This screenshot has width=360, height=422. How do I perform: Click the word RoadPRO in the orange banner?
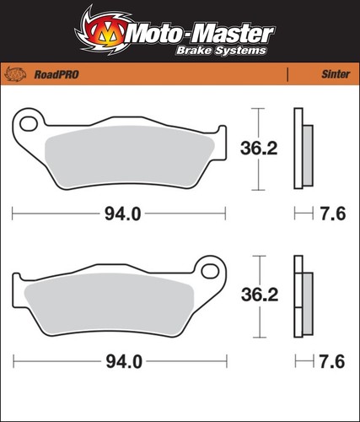(x=56, y=74)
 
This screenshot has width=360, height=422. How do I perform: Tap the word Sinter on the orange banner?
(x=336, y=74)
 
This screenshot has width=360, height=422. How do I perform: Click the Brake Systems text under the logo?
(x=221, y=51)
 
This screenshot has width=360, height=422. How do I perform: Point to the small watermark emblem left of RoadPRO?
(x=16, y=74)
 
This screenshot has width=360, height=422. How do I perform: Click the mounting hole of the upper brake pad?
(x=29, y=123)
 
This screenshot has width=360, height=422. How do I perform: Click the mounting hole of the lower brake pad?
(x=210, y=271)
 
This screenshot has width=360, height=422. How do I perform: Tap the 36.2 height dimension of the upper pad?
(x=259, y=149)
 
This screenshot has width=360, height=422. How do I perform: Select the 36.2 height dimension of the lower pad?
(x=260, y=295)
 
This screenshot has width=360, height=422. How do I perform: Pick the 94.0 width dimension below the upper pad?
(x=123, y=214)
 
